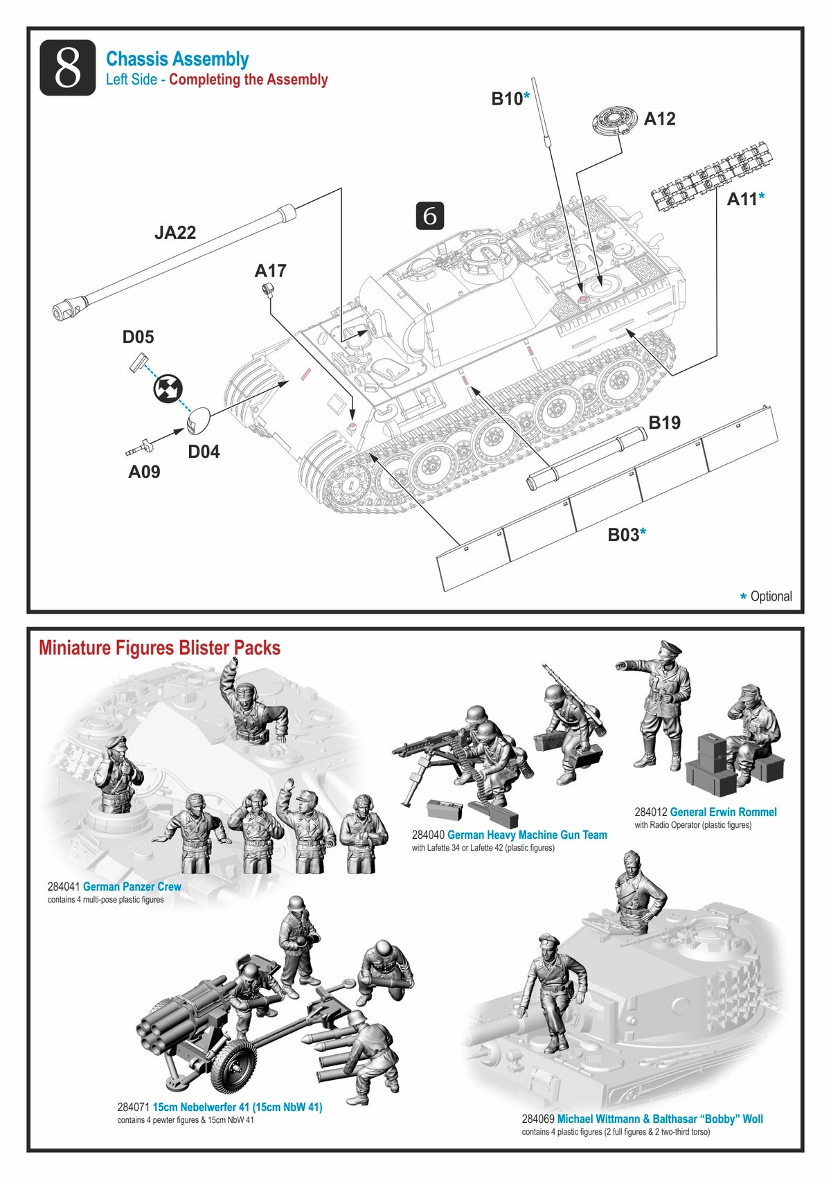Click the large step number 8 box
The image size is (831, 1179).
pos(67,68)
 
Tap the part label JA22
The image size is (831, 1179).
pos(175,233)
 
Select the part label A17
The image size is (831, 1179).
pos(270,271)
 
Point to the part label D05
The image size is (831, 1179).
pos(138,337)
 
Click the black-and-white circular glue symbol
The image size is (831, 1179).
pos(167,389)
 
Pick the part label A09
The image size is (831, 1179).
pos(144,472)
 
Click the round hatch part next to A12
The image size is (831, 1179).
pos(614,120)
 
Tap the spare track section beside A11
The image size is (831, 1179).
pos(708,176)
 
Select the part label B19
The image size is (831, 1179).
pos(664,423)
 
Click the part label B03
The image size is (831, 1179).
pos(623,535)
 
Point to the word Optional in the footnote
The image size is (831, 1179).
pos(771,596)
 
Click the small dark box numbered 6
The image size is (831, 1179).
pos(429,216)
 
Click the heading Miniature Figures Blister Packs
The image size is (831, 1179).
pos(159,648)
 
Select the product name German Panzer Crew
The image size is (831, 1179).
pos(132,887)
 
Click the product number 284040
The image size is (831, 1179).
pos(428,835)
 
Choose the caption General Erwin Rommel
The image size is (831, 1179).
pos(723,812)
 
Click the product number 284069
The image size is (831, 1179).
pos(538,1119)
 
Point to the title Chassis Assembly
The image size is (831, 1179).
pos(177,60)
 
